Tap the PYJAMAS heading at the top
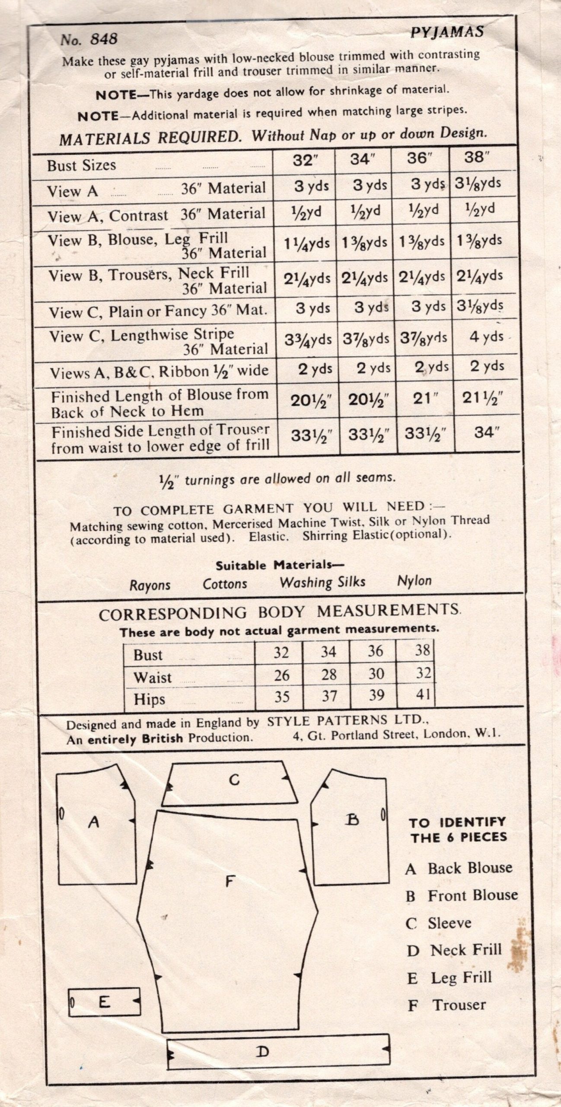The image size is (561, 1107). [x=446, y=32]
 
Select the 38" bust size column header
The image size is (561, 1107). [x=476, y=157]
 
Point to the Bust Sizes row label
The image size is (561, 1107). [x=82, y=165]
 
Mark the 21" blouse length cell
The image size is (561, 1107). [x=422, y=399]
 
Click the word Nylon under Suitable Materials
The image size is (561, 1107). [x=414, y=581]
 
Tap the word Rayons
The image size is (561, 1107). [x=150, y=585]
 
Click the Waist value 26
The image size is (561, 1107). [x=282, y=675]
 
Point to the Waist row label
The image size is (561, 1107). [x=153, y=677]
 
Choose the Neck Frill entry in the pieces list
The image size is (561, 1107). [x=465, y=950]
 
